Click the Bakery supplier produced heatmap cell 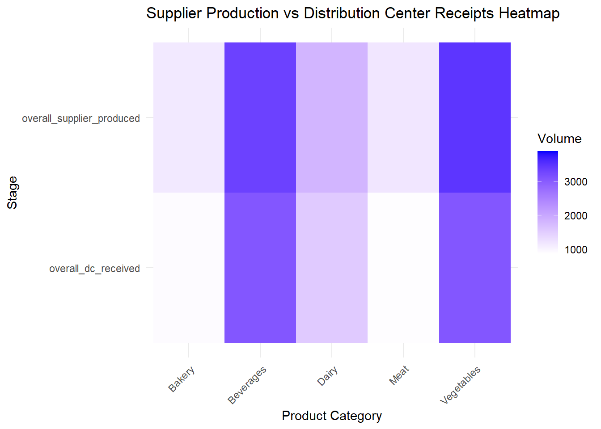(x=189, y=118)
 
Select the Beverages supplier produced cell (x=260, y=118)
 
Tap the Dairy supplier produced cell (x=332, y=118)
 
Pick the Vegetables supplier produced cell (x=475, y=118)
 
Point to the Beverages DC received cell (x=260, y=268)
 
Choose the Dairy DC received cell (x=332, y=268)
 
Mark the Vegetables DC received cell (x=475, y=268)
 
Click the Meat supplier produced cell (x=403, y=118)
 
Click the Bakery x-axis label (x=182, y=379)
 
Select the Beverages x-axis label (x=247, y=385)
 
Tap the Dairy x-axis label (x=327, y=376)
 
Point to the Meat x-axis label (x=399, y=375)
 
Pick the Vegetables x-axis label (x=460, y=385)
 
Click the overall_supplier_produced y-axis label (x=81, y=118)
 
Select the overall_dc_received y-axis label (x=94, y=269)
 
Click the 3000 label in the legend (x=576, y=182)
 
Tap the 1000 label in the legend (x=576, y=250)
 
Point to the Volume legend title (x=559, y=139)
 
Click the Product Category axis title (x=332, y=416)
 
